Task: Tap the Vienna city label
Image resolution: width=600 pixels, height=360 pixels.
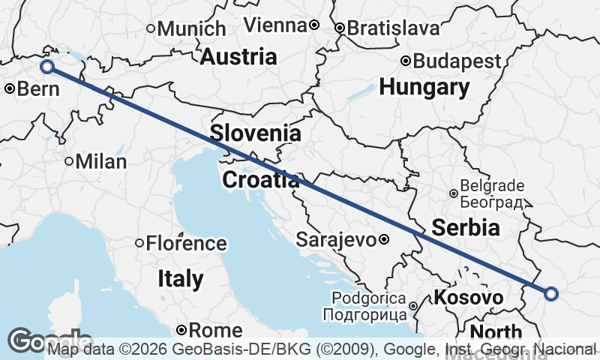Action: (x=275, y=25)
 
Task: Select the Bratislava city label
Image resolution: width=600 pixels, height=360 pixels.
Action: (x=393, y=28)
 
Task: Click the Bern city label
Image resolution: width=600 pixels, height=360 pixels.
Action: (x=33, y=88)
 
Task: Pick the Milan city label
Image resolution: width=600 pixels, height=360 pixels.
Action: (x=100, y=161)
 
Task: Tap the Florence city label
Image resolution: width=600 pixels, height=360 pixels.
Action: (x=186, y=243)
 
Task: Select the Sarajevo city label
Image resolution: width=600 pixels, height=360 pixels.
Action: (x=335, y=240)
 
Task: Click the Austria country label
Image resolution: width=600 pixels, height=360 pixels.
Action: (x=238, y=56)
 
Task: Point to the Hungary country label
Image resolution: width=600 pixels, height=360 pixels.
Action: (x=424, y=87)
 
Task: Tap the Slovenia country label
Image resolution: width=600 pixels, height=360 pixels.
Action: (x=256, y=133)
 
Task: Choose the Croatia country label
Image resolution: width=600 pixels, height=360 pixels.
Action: (x=260, y=180)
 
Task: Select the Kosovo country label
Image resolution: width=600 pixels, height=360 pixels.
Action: (x=468, y=298)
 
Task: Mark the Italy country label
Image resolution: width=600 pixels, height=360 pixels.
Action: (x=180, y=279)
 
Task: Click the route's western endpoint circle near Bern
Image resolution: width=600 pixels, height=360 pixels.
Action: (x=47, y=67)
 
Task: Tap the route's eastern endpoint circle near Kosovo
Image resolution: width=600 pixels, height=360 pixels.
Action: (x=551, y=294)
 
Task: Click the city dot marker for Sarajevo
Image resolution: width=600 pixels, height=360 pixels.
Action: (x=383, y=240)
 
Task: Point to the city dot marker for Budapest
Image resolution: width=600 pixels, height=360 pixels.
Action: (x=405, y=61)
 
